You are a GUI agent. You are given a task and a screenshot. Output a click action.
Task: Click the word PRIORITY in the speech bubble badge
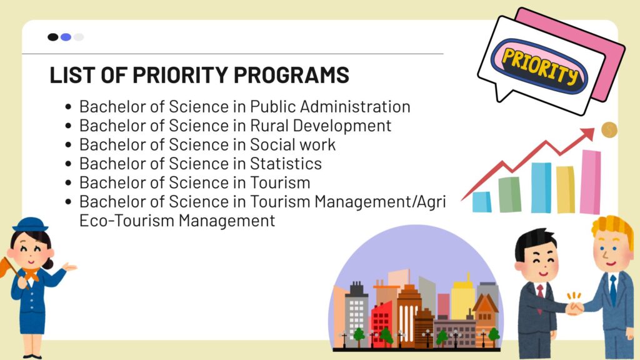(x=540, y=65)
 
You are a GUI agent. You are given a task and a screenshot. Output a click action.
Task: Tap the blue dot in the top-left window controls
(x=66, y=37)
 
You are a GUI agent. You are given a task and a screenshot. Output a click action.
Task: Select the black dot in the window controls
(x=53, y=37)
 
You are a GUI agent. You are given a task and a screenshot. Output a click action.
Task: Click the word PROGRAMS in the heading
(x=291, y=75)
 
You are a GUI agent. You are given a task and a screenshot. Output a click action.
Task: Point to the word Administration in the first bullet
(x=355, y=106)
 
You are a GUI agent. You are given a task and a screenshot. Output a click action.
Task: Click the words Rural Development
(x=321, y=126)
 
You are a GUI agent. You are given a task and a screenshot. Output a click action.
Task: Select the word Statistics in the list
(x=286, y=164)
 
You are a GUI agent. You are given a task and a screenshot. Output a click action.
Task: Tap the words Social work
(x=292, y=144)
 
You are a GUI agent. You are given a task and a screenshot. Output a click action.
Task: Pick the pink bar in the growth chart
(x=590, y=182)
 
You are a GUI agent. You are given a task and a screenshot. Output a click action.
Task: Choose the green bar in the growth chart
(x=510, y=194)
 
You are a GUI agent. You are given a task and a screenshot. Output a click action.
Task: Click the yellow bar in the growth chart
(x=565, y=189)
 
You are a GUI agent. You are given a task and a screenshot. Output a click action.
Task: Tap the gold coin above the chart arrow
(x=609, y=130)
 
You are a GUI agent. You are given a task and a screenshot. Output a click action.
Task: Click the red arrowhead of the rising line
(x=588, y=133)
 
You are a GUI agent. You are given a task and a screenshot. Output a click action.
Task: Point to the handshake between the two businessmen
(x=575, y=308)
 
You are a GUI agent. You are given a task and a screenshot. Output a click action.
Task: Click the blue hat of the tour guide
(x=30, y=224)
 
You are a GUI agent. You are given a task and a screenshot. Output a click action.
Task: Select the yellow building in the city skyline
(x=463, y=299)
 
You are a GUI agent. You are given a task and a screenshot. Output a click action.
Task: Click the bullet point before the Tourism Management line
(x=68, y=202)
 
